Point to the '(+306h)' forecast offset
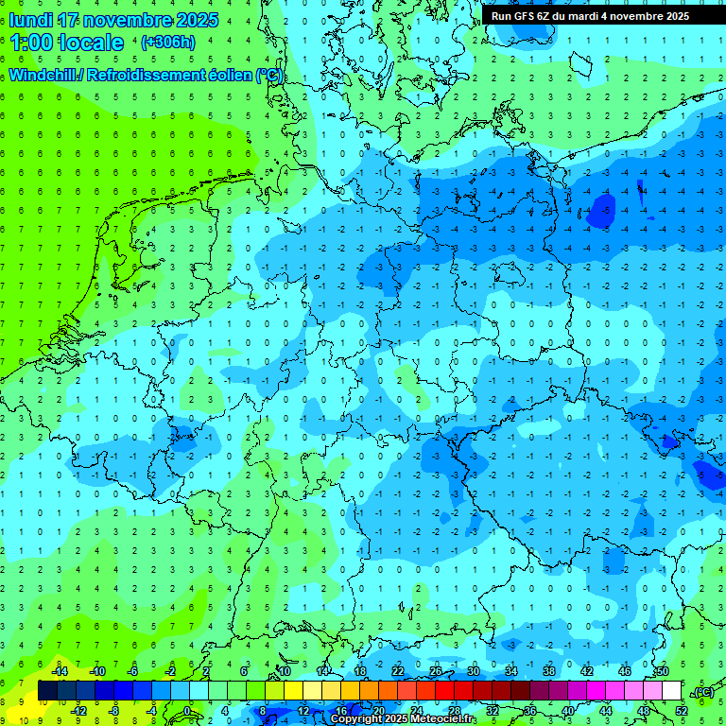[168, 43]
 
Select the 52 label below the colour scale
[682, 711]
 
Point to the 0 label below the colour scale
[187, 711]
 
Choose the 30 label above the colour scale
[473, 671]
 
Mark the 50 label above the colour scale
[662, 671]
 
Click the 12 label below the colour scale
[303, 711]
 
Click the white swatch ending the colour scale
[672, 691]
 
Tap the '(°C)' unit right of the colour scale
[703, 692]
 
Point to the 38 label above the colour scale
[548, 671]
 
